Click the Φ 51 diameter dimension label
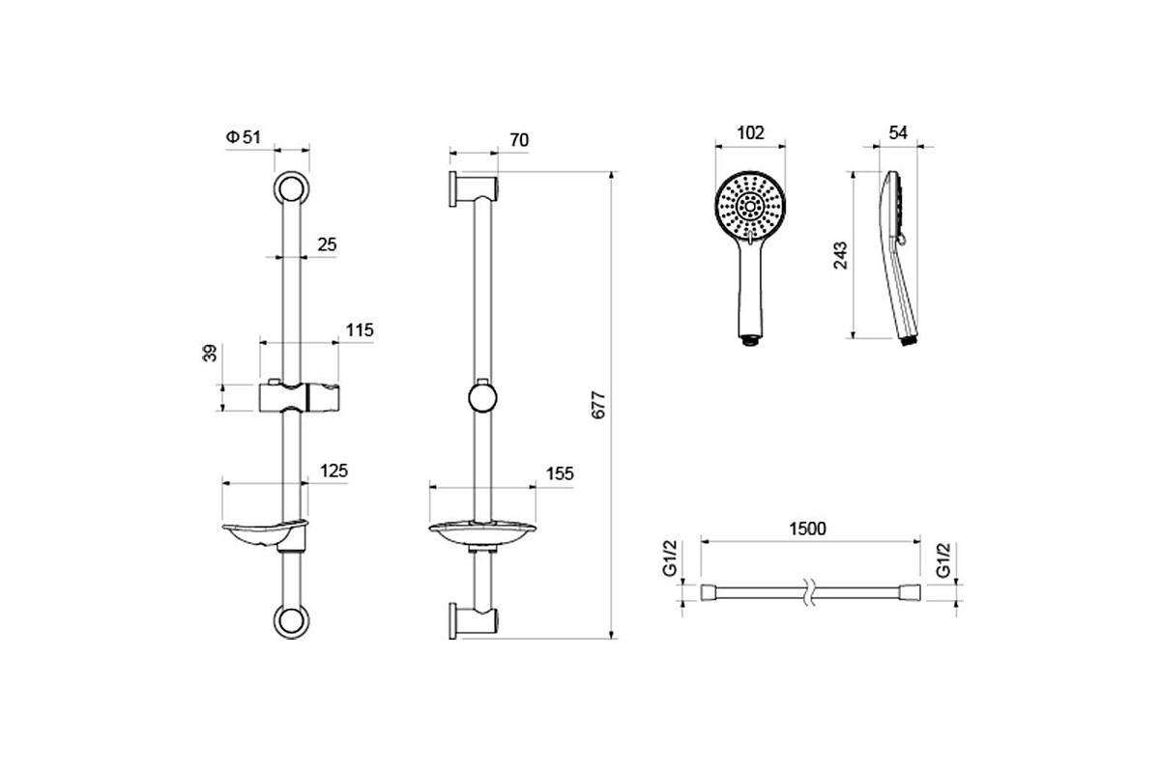244,137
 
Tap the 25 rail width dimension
328,244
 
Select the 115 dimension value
360,330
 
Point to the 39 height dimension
210,353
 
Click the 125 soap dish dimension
334,472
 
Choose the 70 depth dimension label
519,140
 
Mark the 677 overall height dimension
598,405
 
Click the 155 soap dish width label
560,473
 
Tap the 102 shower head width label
750,133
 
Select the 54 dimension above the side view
898,133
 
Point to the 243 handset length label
840,255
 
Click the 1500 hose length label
808,529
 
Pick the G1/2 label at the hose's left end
670,558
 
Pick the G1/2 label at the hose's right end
943,559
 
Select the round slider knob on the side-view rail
482,398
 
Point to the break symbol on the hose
811,592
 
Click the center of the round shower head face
750,207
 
